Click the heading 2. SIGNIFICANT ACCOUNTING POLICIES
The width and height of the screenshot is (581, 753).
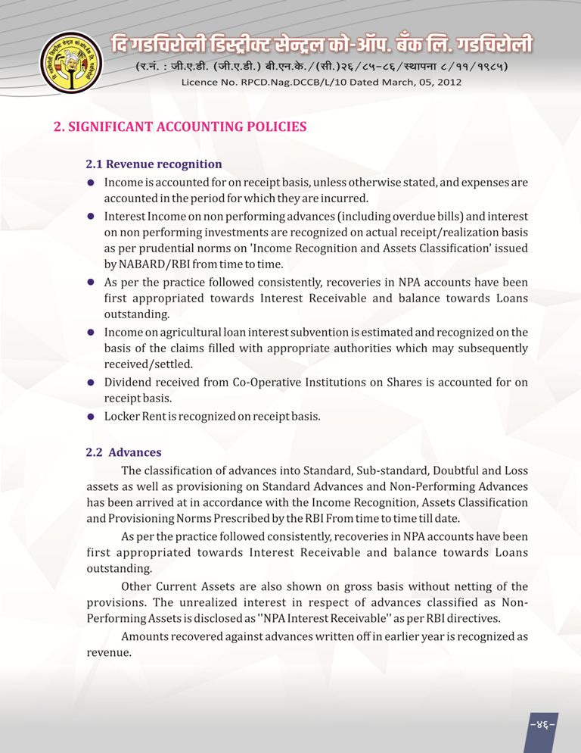(180, 127)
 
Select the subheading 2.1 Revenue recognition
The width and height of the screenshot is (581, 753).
(154, 164)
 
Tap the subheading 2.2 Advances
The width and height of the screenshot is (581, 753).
(124, 452)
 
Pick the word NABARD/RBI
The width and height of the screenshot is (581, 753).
(149, 264)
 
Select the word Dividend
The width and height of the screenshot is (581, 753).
(129, 382)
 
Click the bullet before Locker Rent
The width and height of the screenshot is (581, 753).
(90, 416)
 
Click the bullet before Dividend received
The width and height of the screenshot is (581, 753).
(90, 383)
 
